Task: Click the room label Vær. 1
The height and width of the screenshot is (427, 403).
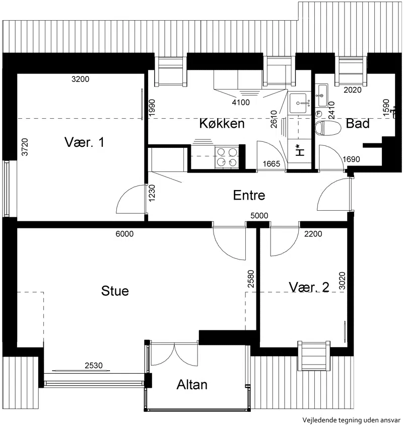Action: [x=84, y=142]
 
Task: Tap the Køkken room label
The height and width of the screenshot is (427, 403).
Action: [x=222, y=123]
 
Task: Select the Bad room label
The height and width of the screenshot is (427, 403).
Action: [x=358, y=123]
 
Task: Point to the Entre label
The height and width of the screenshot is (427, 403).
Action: [x=249, y=195]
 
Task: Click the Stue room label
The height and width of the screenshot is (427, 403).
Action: [x=115, y=291]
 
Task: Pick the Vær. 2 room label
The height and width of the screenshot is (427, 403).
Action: [x=309, y=287]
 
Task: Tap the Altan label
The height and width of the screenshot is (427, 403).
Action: [x=192, y=385]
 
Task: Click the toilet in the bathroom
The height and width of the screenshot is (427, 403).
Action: [x=328, y=128]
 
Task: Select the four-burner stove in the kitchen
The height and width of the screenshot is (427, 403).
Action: [x=227, y=157]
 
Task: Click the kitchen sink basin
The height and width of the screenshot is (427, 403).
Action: [x=299, y=103]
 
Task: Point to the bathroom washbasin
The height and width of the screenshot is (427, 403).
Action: [x=322, y=96]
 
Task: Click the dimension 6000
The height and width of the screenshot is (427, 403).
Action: [x=124, y=234]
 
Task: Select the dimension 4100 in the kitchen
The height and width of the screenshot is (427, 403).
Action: [x=241, y=103]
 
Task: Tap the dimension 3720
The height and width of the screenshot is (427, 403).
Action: [x=25, y=147]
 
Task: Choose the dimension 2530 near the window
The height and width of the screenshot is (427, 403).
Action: [x=94, y=366]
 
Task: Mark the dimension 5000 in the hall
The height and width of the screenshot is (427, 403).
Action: [x=259, y=216]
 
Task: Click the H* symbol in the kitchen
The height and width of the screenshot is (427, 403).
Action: [x=300, y=150]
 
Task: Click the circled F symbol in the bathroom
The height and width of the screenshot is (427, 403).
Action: [x=318, y=114]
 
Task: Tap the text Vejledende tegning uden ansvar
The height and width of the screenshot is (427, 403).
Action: [x=352, y=420]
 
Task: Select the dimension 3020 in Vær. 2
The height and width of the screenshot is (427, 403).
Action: [x=342, y=281]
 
